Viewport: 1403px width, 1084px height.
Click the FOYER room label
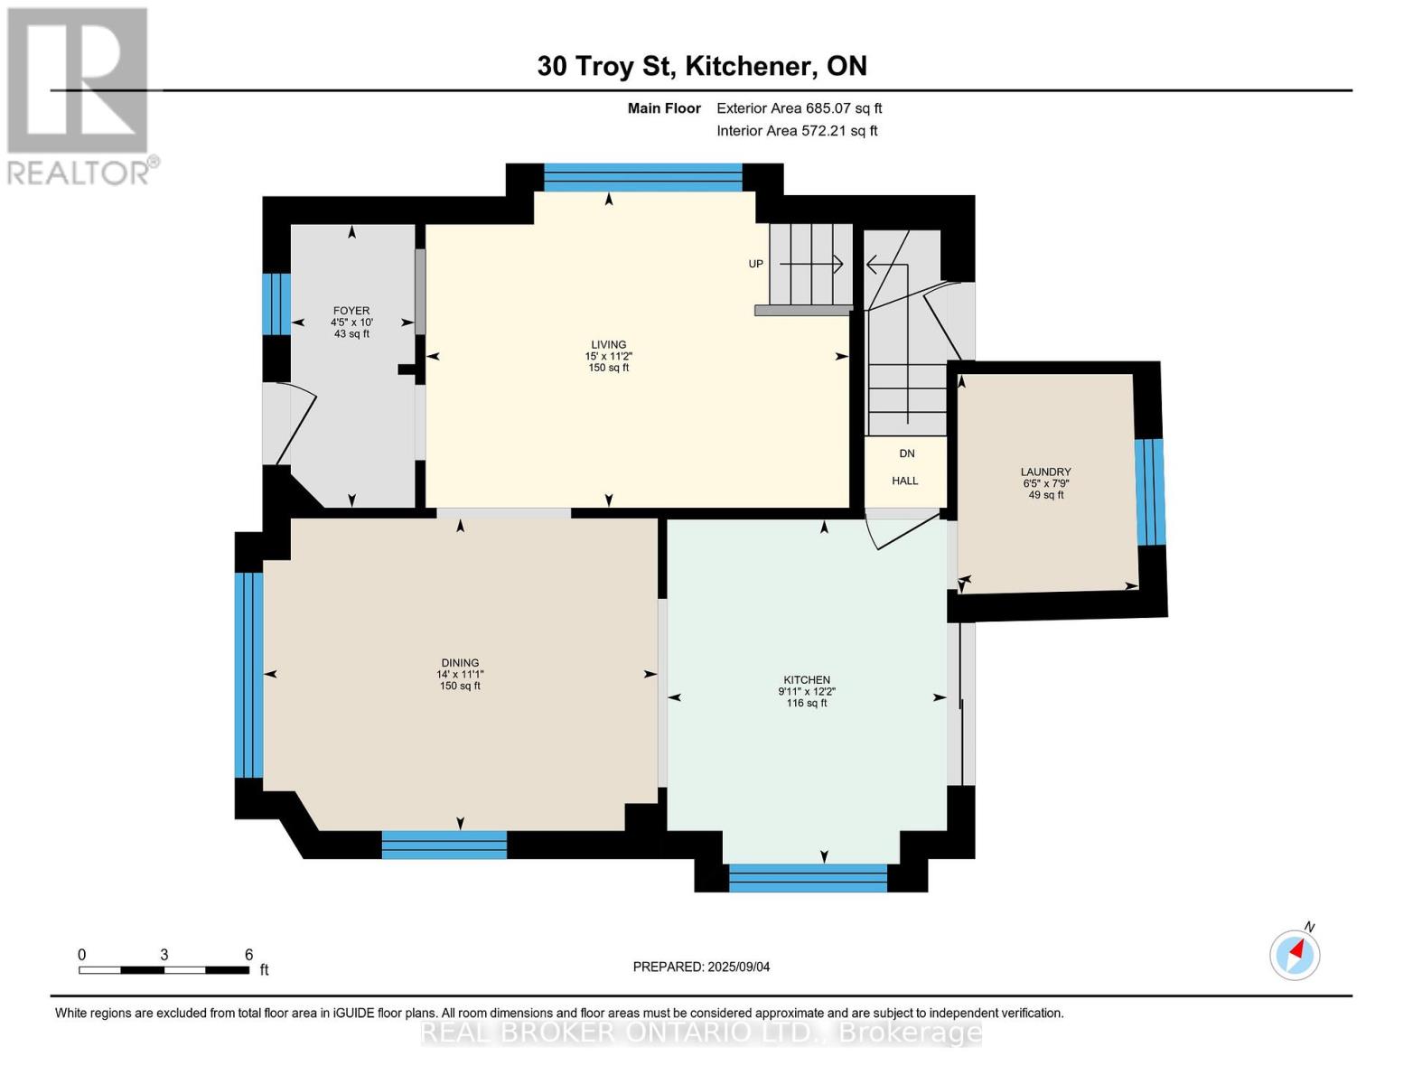(351, 311)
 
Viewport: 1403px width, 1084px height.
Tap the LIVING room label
(608, 344)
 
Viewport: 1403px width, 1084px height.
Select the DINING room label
(460, 662)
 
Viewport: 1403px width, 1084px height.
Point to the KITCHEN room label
(806, 679)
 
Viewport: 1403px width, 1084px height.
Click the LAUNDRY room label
(1045, 472)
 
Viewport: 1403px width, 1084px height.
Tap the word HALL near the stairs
(904, 481)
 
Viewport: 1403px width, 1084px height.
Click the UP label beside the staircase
(756, 264)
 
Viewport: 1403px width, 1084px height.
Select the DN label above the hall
(906, 453)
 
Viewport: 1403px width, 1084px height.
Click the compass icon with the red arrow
(1295, 955)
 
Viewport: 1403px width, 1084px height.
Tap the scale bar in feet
(164, 969)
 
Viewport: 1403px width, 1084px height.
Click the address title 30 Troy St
(701, 66)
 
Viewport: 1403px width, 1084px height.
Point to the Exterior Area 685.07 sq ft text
(799, 108)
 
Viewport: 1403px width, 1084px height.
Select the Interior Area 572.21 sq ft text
(797, 131)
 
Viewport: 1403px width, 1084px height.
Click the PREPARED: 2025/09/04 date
(701, 967)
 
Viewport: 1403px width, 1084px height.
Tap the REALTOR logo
(79, 95)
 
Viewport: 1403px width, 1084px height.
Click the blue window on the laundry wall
(1149, 492)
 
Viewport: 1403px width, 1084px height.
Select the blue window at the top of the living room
(642, 177)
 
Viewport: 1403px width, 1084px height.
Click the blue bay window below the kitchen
(808, 878)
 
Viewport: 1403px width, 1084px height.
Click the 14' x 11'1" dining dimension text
(460, 674)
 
